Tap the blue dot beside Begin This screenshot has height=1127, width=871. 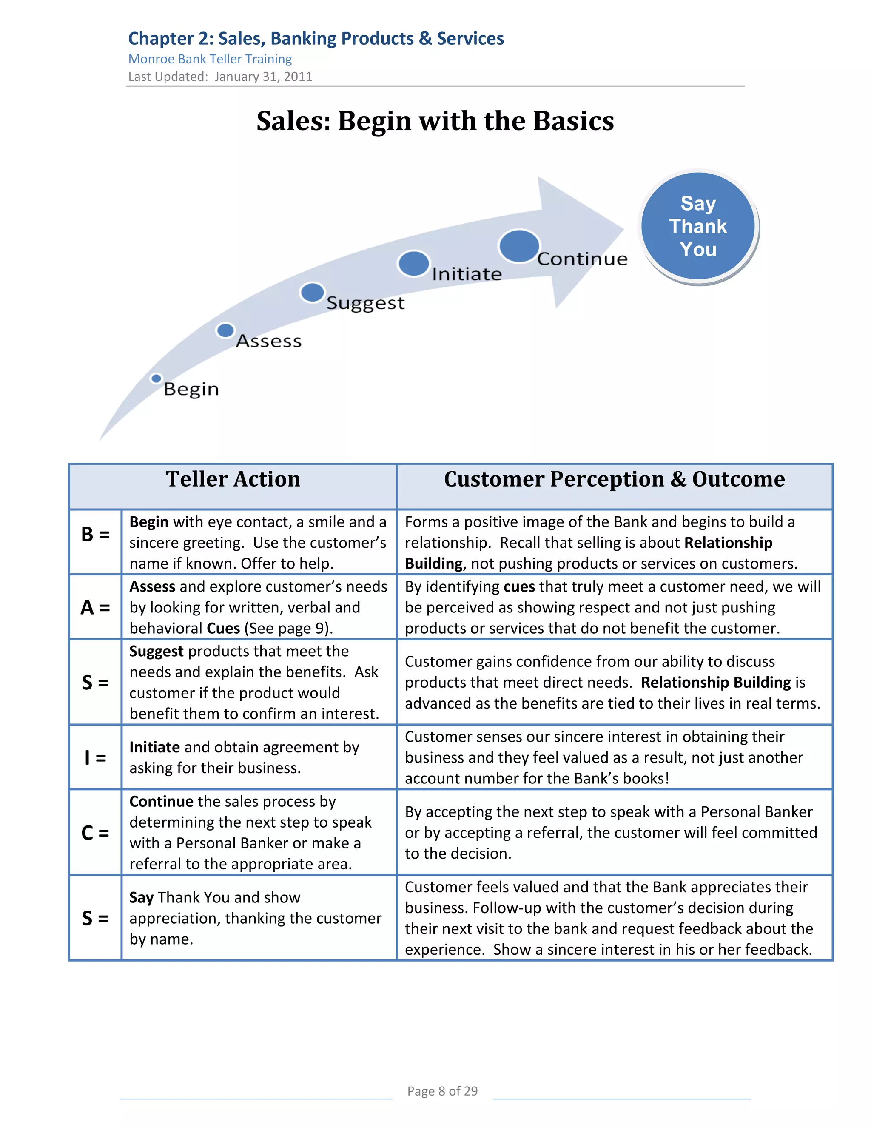point(156,378)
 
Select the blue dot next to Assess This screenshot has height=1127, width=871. point(225,330)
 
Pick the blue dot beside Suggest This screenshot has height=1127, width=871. point(312,293)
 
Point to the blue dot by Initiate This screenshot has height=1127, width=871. point(413,263)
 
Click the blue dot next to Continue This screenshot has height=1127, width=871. point(519,246)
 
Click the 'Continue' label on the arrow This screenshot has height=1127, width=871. point(582,259)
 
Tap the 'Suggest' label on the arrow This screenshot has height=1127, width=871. point(365,303)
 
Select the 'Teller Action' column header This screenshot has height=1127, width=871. point(233,479)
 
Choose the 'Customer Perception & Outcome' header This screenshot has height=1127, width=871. point(614,479)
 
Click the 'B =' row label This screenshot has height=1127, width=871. point(95,535)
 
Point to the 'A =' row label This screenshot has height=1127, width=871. point(95,607)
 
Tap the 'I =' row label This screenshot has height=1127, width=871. point(95,757)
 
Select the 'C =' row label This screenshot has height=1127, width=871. point(95,833)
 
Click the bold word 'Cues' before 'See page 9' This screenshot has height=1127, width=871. point(223,629)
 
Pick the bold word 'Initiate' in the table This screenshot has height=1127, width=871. point(154,747)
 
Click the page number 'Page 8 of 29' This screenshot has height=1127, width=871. point(442,1091)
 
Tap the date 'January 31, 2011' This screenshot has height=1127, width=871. point(263,77)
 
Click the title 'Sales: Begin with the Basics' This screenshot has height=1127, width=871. point(435,121)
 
